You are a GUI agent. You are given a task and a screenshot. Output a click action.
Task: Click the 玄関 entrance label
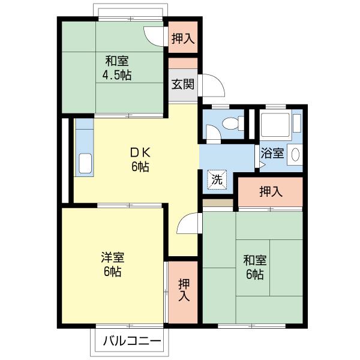(183, 84)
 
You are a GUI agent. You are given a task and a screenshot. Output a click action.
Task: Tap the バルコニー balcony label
(132, 341)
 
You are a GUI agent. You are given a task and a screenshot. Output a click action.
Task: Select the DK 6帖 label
(140, 160)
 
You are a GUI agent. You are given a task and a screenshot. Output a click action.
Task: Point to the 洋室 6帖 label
(113, 264)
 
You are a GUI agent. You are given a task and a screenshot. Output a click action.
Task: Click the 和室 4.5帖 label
(117, 68)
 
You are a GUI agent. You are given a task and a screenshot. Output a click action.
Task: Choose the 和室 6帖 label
(255, 267)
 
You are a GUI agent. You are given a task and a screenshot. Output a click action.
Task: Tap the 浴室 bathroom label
(272, 153)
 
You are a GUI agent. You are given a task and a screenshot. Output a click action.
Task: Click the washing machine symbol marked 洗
(217, 179)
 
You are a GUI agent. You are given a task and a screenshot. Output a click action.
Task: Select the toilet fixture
(233, 123)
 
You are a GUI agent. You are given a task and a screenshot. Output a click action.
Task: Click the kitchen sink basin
(85, 163)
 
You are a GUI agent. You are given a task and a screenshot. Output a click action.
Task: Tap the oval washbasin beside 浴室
(295, 154)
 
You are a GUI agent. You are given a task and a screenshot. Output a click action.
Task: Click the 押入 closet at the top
(183, 37)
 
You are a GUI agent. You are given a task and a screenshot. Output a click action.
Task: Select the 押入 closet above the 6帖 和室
(271, 191)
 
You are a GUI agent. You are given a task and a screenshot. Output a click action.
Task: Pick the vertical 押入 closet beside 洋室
(183, 292)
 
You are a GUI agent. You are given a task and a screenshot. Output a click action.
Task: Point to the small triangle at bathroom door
(262, 164)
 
